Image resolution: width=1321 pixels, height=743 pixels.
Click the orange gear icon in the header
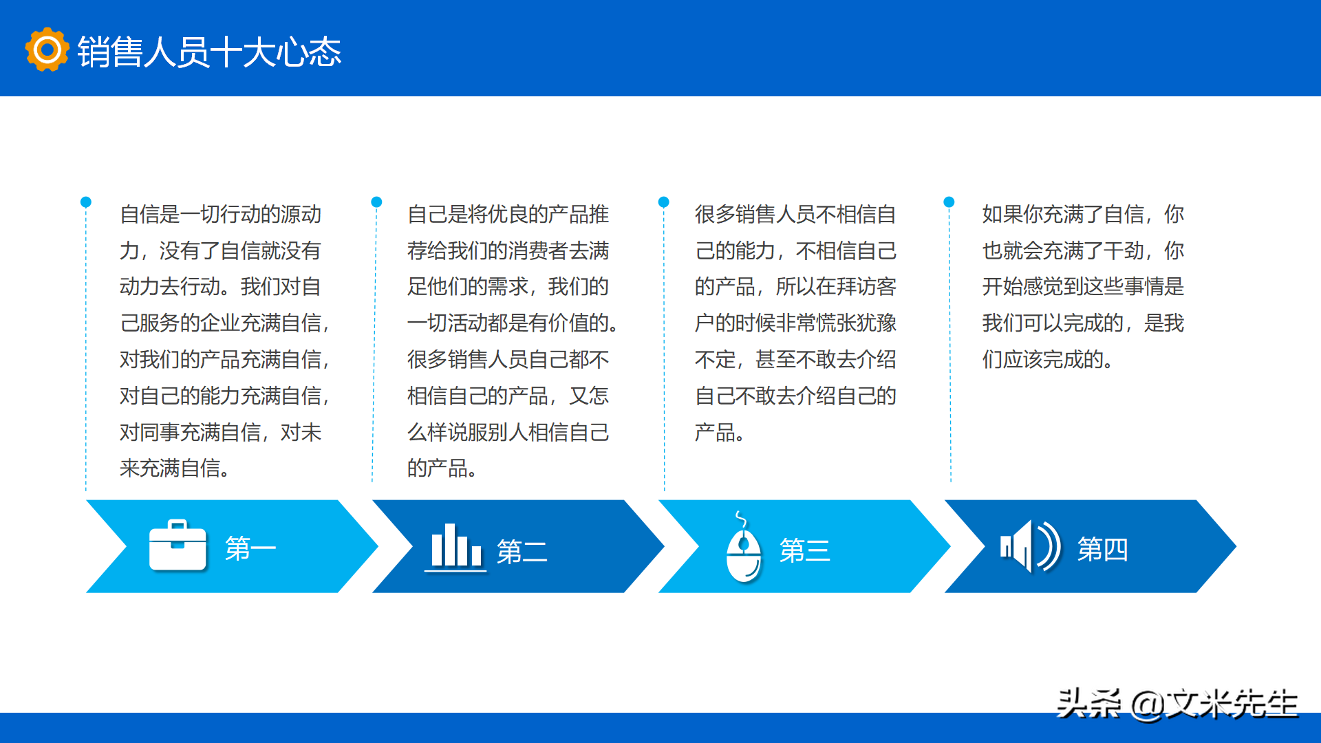pyautogui.click(x=47, y=50)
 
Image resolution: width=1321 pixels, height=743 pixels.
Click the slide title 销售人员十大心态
pyautogui.click(x=209, y=52)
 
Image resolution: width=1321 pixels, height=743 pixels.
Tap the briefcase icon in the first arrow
pyautogui.click(x=178, y=546)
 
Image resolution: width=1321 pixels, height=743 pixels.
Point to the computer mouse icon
pyautogui.click(x=744, y=551)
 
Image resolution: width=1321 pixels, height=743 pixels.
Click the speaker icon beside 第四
pyautogui.click(x=1029, y=547)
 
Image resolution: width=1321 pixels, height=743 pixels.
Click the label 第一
pyautogui.click(x=250, y=548)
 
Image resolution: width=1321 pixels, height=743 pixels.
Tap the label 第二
pyautogui.click(x=522, y=551)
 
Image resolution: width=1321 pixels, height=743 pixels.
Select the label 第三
pyautogui.click(x=804, y=550)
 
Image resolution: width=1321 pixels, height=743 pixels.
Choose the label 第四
pyautogui.click(x=1102, y=549)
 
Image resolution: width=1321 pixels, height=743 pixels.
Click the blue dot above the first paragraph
pyautogui.click(x=86, y=202)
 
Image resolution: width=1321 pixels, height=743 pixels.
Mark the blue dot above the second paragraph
pyautogui.click(x=376, y=202)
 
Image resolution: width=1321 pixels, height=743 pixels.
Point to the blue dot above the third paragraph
pyautogui.click(x=663, y=202)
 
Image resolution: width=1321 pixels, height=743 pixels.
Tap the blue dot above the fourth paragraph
pyautogui.click(x=949, y=202)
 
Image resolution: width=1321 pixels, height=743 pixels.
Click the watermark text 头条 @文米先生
pyautogui.click(x=1177, y=704)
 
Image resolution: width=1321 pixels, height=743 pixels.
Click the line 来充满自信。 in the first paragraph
pyautogui.click(x=175, y=469)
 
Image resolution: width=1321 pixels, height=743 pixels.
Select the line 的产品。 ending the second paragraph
pyautogui.click(x=442, y=469)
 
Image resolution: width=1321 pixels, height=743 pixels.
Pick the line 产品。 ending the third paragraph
pyautogui.click(x=719, y=433)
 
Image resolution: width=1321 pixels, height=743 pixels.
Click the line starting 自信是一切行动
pyautogui.click(x=220, y=215)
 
